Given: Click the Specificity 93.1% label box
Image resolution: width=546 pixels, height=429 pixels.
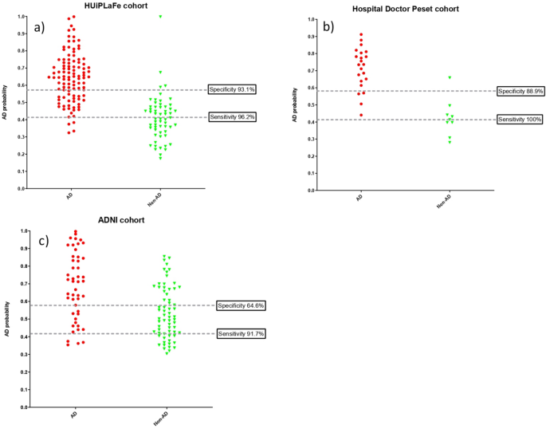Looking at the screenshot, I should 231,89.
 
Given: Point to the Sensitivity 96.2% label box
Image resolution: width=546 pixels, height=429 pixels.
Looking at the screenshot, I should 231,116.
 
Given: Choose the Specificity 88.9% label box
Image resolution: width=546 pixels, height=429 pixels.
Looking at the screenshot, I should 520,91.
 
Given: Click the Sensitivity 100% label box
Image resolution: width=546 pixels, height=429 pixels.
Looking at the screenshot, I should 520,119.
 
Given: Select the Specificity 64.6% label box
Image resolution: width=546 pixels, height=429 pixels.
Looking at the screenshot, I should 240,305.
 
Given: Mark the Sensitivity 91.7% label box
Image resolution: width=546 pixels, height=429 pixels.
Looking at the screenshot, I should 240,333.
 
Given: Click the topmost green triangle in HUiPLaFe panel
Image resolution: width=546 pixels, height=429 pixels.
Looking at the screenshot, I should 160,17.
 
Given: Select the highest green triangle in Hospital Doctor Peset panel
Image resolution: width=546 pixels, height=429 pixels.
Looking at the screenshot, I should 450,77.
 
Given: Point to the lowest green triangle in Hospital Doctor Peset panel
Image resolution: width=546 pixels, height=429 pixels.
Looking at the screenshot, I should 450,142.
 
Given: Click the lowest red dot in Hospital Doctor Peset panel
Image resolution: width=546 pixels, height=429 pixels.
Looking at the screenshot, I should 361,115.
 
